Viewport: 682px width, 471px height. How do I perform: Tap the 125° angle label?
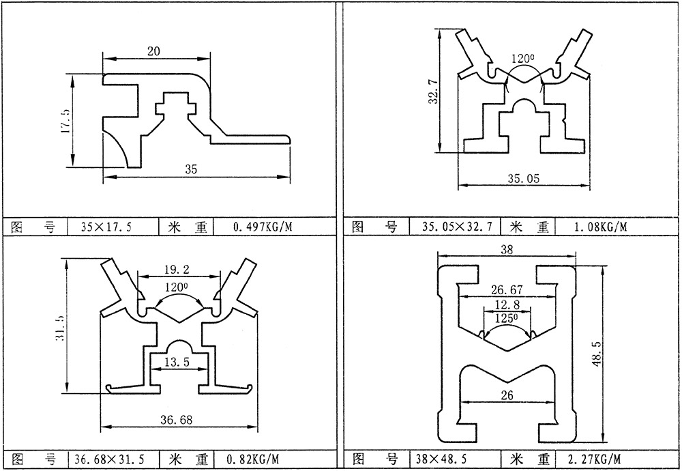coord(505,318)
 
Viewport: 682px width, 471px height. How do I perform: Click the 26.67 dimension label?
coord(505,290)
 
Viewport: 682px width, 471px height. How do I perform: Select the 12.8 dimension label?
coord(505,304)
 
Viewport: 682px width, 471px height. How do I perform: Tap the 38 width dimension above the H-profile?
coord(506,251)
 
